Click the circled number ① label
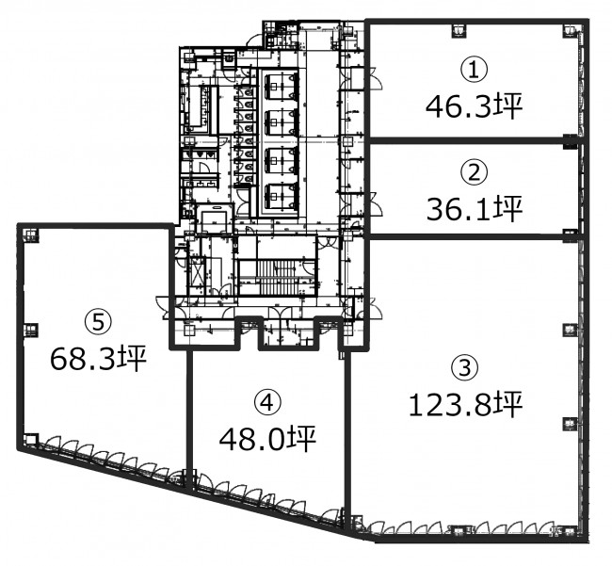[474, 71]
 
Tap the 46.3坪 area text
[474, 106]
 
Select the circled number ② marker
[474, 172]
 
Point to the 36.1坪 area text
[474, 209]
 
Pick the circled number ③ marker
[464, 368]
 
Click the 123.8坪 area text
[465, 405]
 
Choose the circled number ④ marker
[267, 402]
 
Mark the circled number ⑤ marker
[98, 322]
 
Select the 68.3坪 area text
[98, 358]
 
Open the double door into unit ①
[375, 78]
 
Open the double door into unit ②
[375, 203]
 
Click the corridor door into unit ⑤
[163, 308]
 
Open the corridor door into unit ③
[375, 308]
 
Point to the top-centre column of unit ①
[459, 30]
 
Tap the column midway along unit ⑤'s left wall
[31, 331]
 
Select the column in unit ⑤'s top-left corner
[31, 234]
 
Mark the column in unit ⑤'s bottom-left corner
[31, 440]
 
